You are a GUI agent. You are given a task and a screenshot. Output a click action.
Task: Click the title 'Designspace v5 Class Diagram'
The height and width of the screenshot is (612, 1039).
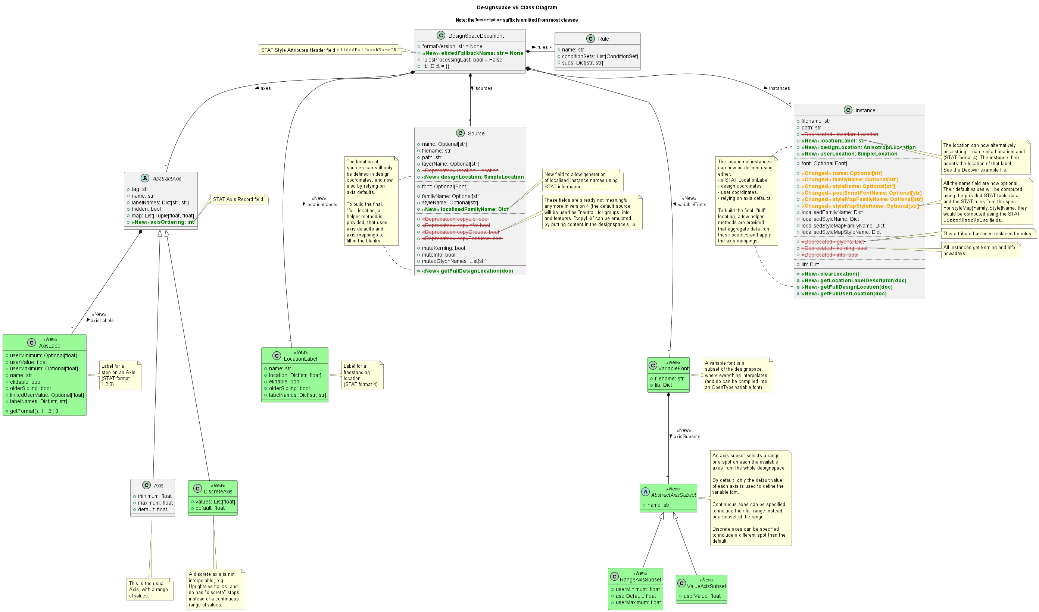tap(517, 7)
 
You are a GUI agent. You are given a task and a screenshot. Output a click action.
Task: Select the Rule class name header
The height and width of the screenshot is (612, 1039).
tap(603, 39)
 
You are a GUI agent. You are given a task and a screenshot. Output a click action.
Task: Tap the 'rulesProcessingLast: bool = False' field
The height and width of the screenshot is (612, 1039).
tap(462, 60)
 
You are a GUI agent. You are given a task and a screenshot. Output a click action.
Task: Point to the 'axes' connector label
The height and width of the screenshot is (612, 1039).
tap(265, 88)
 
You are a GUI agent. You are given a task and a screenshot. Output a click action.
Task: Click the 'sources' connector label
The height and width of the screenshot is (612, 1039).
tap(484, 88)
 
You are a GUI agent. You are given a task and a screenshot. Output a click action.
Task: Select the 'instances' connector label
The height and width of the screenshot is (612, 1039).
tap(779, 88)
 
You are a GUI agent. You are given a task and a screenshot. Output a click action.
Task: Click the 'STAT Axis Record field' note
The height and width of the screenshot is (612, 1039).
tap(238, 199)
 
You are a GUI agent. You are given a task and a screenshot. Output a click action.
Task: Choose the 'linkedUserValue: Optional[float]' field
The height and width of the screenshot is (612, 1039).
tap(47, 395)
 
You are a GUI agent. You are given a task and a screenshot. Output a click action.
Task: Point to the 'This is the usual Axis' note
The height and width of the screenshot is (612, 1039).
tap(149, 589)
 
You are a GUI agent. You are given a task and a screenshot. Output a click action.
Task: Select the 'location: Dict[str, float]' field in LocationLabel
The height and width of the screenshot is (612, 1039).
tap(294, 375)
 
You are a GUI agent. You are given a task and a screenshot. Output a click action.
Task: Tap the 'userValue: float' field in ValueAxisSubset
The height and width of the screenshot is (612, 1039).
tap(702, 596)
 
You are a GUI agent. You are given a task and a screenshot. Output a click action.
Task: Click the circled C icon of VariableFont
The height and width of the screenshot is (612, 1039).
tap(653, 365)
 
